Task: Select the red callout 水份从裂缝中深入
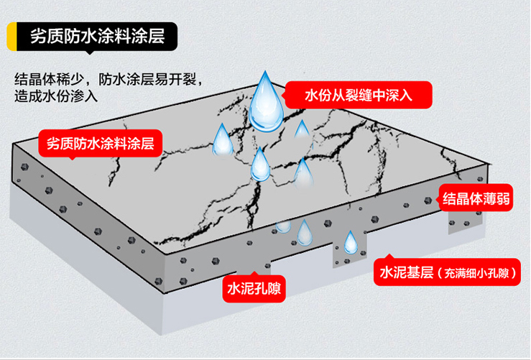358,94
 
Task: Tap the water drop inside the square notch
351,243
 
